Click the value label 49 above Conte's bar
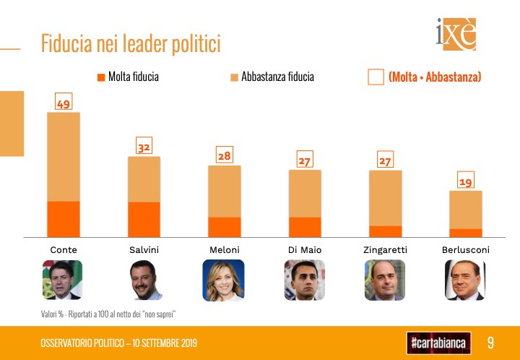[64, 101]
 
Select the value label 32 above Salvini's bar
[144, 145]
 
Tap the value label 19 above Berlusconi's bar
[466, 180]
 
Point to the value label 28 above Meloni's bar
[225, 155]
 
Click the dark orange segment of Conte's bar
[64, 219]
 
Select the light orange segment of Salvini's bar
[144, 179]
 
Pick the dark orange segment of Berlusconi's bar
[466, 233]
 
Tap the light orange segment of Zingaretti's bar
[386, 198]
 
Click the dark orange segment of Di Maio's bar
[305, 227]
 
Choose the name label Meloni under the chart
[225, 250]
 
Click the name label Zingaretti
[386, 250]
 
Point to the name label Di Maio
[305, 250]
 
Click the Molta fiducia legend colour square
[101, 77]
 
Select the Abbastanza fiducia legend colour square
[235, 77]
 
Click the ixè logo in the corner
[456, 34]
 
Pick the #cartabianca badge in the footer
[439, 343]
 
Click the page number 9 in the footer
[490, 343]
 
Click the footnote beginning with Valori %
[108, 314]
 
